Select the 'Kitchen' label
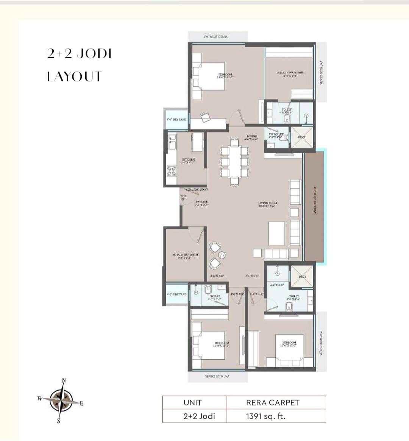(x=188, y=161)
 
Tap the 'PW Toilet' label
(x=276, y=135)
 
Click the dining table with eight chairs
(x=234, y=161)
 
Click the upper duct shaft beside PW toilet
(x=302, y=137)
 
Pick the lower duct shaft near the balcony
(x=302, y=277)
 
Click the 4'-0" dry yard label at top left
(x=176, y=119)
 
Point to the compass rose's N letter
(x=64, y=381)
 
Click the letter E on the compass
(x=81, y=404)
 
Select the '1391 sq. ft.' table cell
(x=265, y=416)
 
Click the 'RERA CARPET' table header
(x=273, y=403)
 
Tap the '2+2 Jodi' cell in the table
(x=199, y=416)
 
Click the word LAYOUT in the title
(x=74, y=76)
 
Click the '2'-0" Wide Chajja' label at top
(x=215, y=37)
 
